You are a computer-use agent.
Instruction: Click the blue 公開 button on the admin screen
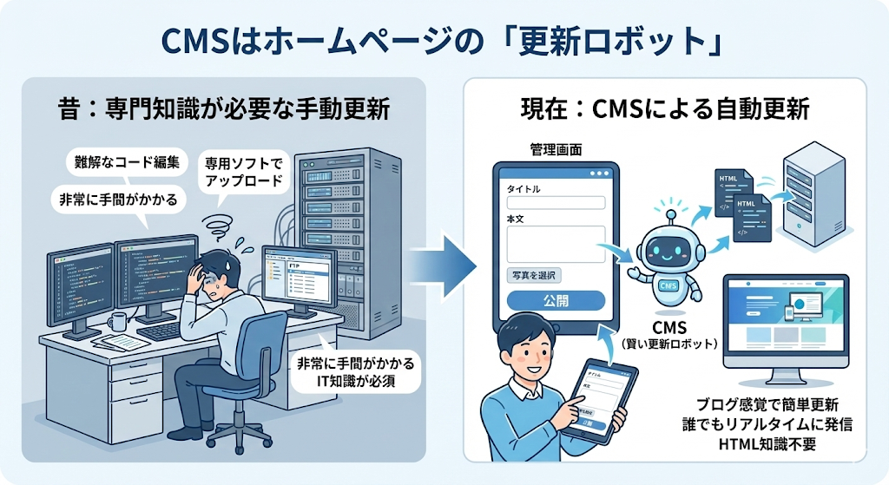click(x=555, y=300)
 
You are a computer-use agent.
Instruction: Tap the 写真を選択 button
click(x=533, y=275)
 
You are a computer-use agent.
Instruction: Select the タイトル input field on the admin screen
click(x=555, y=203)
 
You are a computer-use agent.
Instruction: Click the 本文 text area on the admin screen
click(x=555, y=243)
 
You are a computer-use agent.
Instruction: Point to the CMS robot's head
click(x=669, y=246)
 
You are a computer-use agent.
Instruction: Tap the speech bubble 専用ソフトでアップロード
click(x=244, y=173)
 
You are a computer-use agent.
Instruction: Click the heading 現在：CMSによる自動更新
click(x=665, y=110)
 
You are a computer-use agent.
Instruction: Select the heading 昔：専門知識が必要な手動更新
click(x=223, y=110)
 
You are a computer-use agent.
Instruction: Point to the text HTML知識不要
click(x=767, y=444)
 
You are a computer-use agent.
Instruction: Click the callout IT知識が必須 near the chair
click(x=356, y=379)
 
